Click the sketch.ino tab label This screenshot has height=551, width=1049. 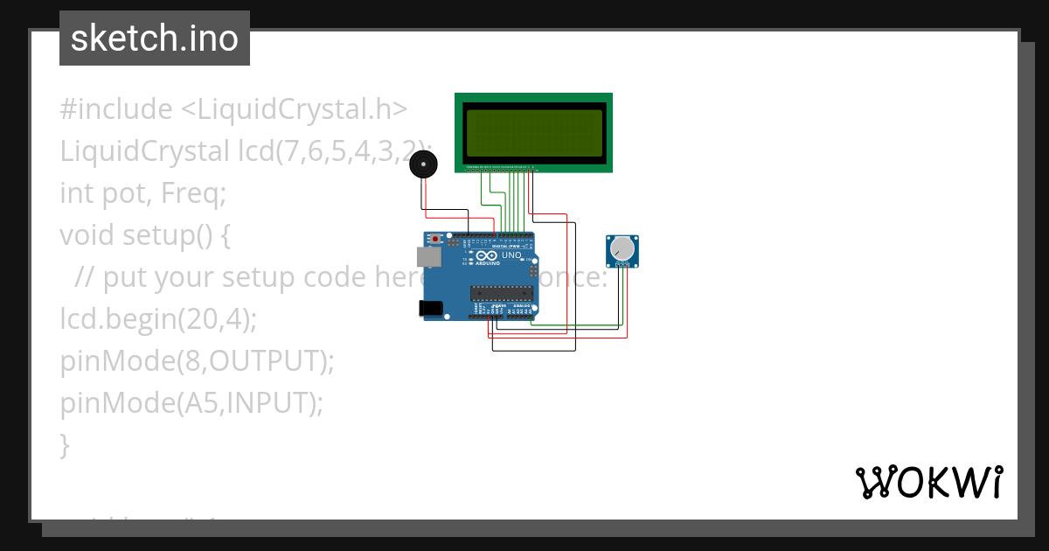(155, 38)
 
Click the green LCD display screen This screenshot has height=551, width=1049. (533, 133)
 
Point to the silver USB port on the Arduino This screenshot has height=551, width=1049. (428, 256)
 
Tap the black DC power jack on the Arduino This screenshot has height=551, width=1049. (430, 308)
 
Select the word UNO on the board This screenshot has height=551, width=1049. (511, 255)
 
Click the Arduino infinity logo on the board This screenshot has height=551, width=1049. (483, 256)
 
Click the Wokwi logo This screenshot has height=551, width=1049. (928, 482)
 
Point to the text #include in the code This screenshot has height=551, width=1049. (116, 109)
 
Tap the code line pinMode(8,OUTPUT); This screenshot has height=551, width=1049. (197, 360)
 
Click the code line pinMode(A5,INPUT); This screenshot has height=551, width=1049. (191, 402)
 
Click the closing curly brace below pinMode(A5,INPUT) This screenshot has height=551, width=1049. (65, 444)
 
